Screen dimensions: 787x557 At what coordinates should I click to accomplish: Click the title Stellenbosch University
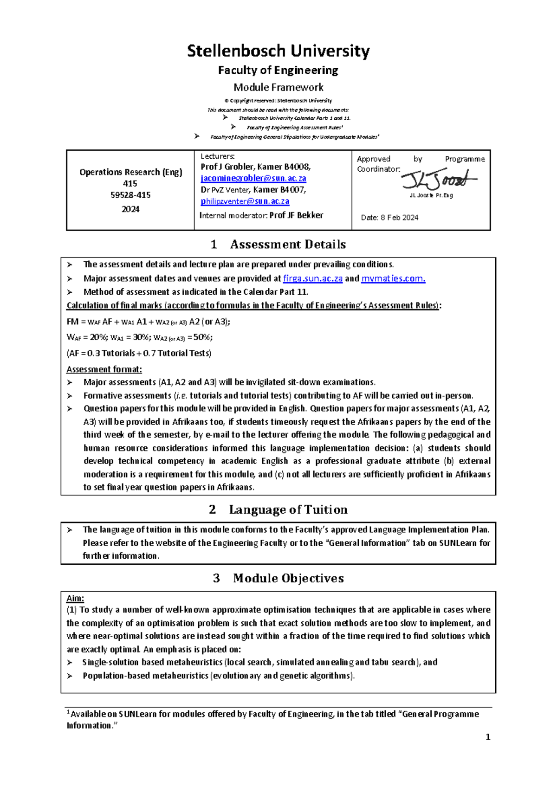tap(278, 51)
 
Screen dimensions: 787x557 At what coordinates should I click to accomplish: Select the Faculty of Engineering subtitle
tap(278, 71)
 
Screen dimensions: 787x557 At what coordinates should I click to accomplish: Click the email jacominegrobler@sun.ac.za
tap(253, 178)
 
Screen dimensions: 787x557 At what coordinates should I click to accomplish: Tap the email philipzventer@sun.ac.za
tap(245, 201)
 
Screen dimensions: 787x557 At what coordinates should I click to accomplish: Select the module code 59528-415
tap(130, 195)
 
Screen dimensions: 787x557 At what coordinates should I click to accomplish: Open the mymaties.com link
tap(393, 278)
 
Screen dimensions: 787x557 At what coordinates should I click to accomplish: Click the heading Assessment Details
tap(288, 245)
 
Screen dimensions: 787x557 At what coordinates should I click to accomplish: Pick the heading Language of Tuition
tap(288, 510)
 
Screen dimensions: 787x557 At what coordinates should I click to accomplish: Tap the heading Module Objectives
tap(288, 578)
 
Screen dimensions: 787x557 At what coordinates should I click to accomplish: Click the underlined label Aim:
tap(75, 599)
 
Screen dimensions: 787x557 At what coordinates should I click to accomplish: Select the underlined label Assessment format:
tap(104, 369)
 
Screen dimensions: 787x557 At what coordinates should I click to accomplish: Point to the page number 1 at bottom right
tap(487, 737)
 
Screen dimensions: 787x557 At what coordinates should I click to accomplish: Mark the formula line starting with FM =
tap(149, 322)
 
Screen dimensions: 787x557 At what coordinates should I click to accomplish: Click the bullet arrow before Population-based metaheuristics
tap(70, 676)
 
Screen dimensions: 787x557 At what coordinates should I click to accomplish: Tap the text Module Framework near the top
tap(278, 87)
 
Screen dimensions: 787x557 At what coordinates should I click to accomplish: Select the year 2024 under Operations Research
tap(130, 209)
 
